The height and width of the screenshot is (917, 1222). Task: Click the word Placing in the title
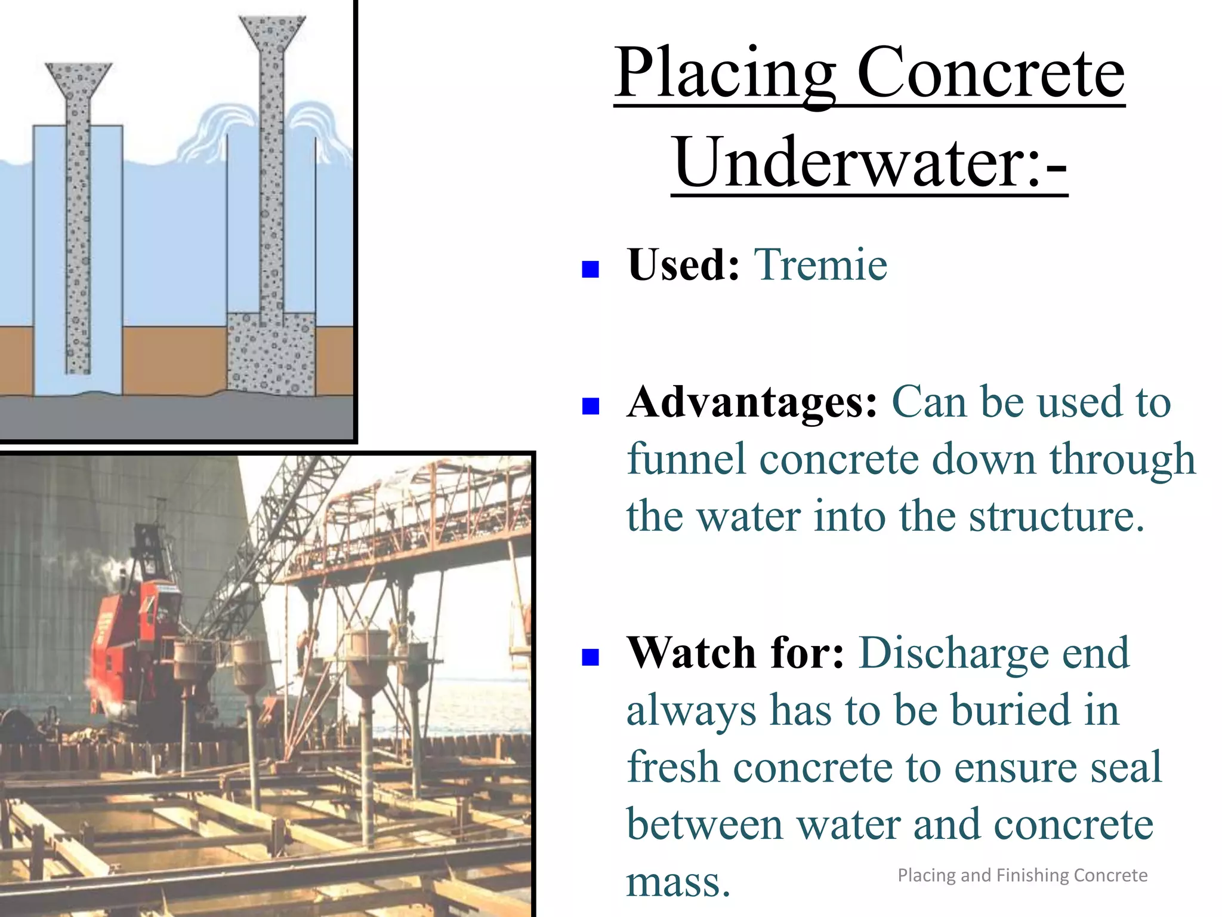pos(725,74)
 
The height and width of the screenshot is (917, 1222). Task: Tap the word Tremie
pos(820,264)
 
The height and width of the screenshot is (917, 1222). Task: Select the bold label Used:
pos(683,264)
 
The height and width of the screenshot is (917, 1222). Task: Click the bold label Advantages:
pos(752,402)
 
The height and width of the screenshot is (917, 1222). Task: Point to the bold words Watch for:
pos(735,653)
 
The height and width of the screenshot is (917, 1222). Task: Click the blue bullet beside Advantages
pos(590,407)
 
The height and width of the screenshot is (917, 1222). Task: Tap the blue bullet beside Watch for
pos(590,657)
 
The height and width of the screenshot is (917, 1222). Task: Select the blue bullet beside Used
pos(590,269)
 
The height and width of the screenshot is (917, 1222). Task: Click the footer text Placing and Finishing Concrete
pos(1022,875)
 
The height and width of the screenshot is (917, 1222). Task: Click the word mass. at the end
pos(678,881)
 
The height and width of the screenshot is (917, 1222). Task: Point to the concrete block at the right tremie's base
pos(271,355)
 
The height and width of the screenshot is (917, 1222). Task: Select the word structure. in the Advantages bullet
pos(1056,516)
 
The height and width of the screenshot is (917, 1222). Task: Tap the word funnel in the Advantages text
pos(686,459)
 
